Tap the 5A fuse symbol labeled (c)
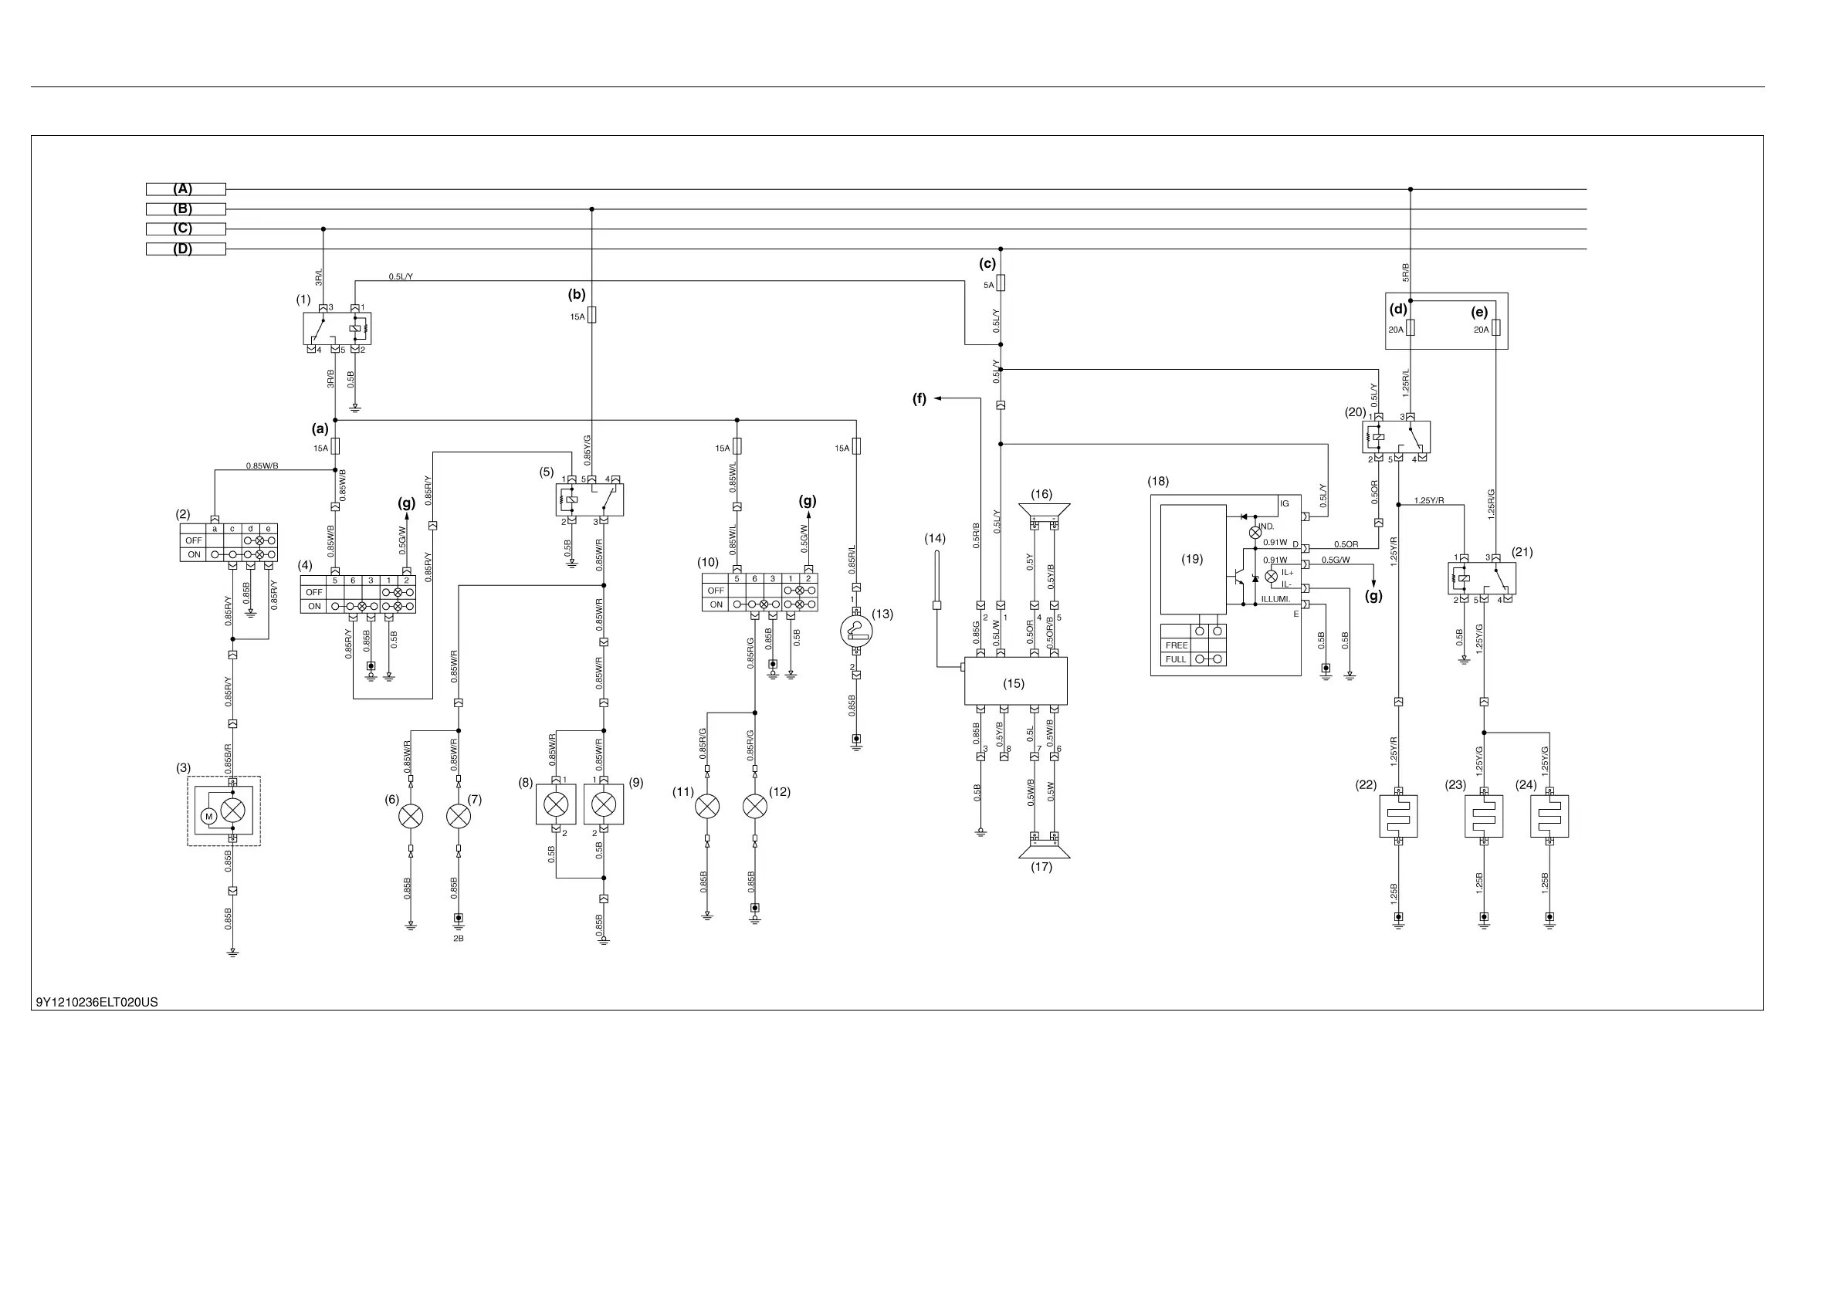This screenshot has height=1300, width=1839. click(1001, 283)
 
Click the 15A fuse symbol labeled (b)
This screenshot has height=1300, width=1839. click(592, 316)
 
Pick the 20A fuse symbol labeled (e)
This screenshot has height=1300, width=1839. click(1495, 328)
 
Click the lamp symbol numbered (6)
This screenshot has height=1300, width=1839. click(411, 816)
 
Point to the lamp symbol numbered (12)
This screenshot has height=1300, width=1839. click(754, 806)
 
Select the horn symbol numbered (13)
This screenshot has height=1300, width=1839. click(856, 631)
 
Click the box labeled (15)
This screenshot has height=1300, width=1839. click(1014, 682)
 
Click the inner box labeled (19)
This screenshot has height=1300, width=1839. click(1193, 559)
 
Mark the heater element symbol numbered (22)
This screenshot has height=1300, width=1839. click(1398, 816)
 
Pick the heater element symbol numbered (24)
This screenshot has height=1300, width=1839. click(1549, 816)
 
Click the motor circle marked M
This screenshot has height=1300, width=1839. click(209, 816)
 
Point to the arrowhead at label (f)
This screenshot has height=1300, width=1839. click(937, 398)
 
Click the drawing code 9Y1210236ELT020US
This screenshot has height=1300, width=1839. click(97, 1002)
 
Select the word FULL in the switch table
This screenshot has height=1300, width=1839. click(1175, 659)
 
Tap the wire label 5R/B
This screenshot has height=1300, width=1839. click(1406, 273)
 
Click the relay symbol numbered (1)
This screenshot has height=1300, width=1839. click(337, 328)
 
